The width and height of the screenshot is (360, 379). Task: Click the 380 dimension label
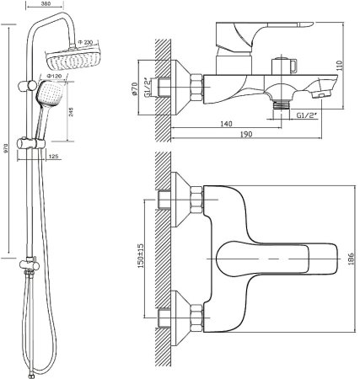pyautogui.click(x=45, y=4)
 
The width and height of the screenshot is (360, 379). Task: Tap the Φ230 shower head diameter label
pyautogui.click(x=85, y=42)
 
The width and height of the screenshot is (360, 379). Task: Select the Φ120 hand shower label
pyautogui.click(x=54, y=76)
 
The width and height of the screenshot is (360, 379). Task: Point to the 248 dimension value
pyautogui.click(x=71, y=111)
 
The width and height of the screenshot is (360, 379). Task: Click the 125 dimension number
pyautogui.click(x=53, y=157)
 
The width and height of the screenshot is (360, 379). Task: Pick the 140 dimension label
pyautogui.click(x=227, y=124)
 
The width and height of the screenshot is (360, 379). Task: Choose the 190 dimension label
pyautogui.click(x=246, y=134)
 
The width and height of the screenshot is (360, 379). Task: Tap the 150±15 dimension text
pyautogui.click(x=141, y=255)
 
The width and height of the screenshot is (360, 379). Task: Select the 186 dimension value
pyautogui.click(x=351, y=259)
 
